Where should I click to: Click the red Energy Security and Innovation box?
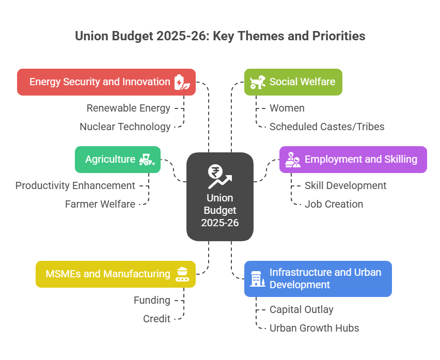point(106,82)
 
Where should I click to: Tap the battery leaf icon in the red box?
point(180,82)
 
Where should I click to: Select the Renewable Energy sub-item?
point(128,108)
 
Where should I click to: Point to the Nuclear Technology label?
point(125,127)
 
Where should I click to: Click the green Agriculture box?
point(117,160)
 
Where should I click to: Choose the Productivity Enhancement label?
point(75,185)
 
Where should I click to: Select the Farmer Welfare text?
point(100,204)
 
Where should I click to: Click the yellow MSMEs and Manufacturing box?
point(115,274)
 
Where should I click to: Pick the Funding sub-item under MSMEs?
point(152,300)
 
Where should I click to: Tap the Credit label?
point(156,319)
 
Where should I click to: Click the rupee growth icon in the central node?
point(219,176)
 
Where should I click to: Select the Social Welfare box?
point(293,82)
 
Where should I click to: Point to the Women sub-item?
point(287,108)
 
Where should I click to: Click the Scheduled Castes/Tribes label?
point(326,127)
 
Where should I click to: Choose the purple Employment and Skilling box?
point(353,160)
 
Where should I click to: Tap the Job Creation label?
point(334,204)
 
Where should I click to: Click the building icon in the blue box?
point(257,278)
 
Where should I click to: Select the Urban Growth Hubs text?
point(314,328)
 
